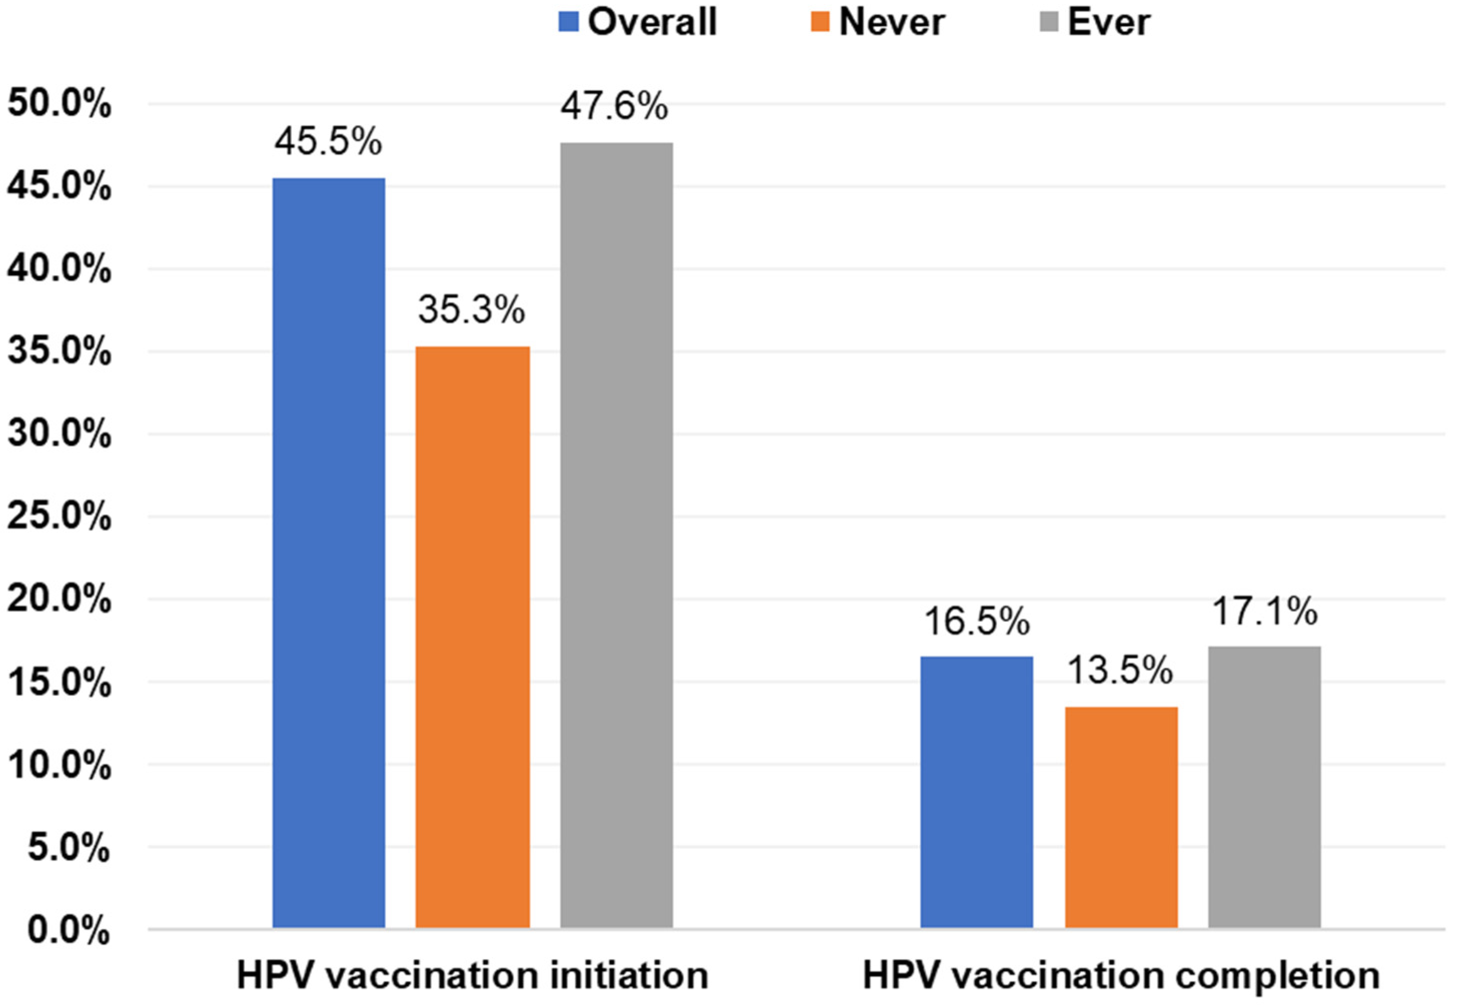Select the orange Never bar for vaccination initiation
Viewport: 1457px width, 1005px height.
click(x=473, y=636)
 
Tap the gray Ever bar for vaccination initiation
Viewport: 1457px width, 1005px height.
click(x=616, y=535)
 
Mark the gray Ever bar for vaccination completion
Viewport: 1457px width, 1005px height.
click(x=1264, y=786)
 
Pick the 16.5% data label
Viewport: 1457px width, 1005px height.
click(x=976, y=621)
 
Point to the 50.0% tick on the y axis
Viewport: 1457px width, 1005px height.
click(x=59, y=103)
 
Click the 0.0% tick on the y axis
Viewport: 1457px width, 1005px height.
click(x=68, y=929)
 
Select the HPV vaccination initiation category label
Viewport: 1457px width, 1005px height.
click(x=473, y=975)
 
